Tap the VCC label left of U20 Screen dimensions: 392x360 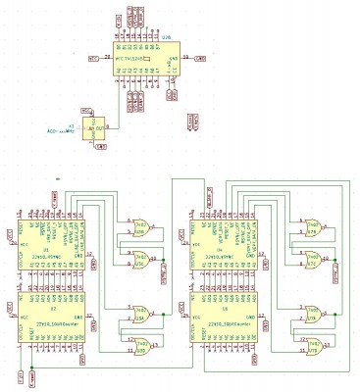pos(94,59)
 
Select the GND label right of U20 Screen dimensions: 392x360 pos(200,59)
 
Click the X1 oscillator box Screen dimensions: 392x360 pos(95,128)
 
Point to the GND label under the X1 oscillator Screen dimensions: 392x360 pos(101,146)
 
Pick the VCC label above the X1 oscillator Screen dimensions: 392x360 pos(86,111)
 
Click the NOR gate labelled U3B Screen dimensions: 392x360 pos(140,225)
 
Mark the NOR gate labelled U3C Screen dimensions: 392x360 pos(140,261)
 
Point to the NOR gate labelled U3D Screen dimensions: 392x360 pos(140,343)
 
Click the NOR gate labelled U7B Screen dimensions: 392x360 pos(314,225)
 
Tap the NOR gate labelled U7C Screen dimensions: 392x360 pos(314,261)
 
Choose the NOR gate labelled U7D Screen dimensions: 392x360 pos(314,343)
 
